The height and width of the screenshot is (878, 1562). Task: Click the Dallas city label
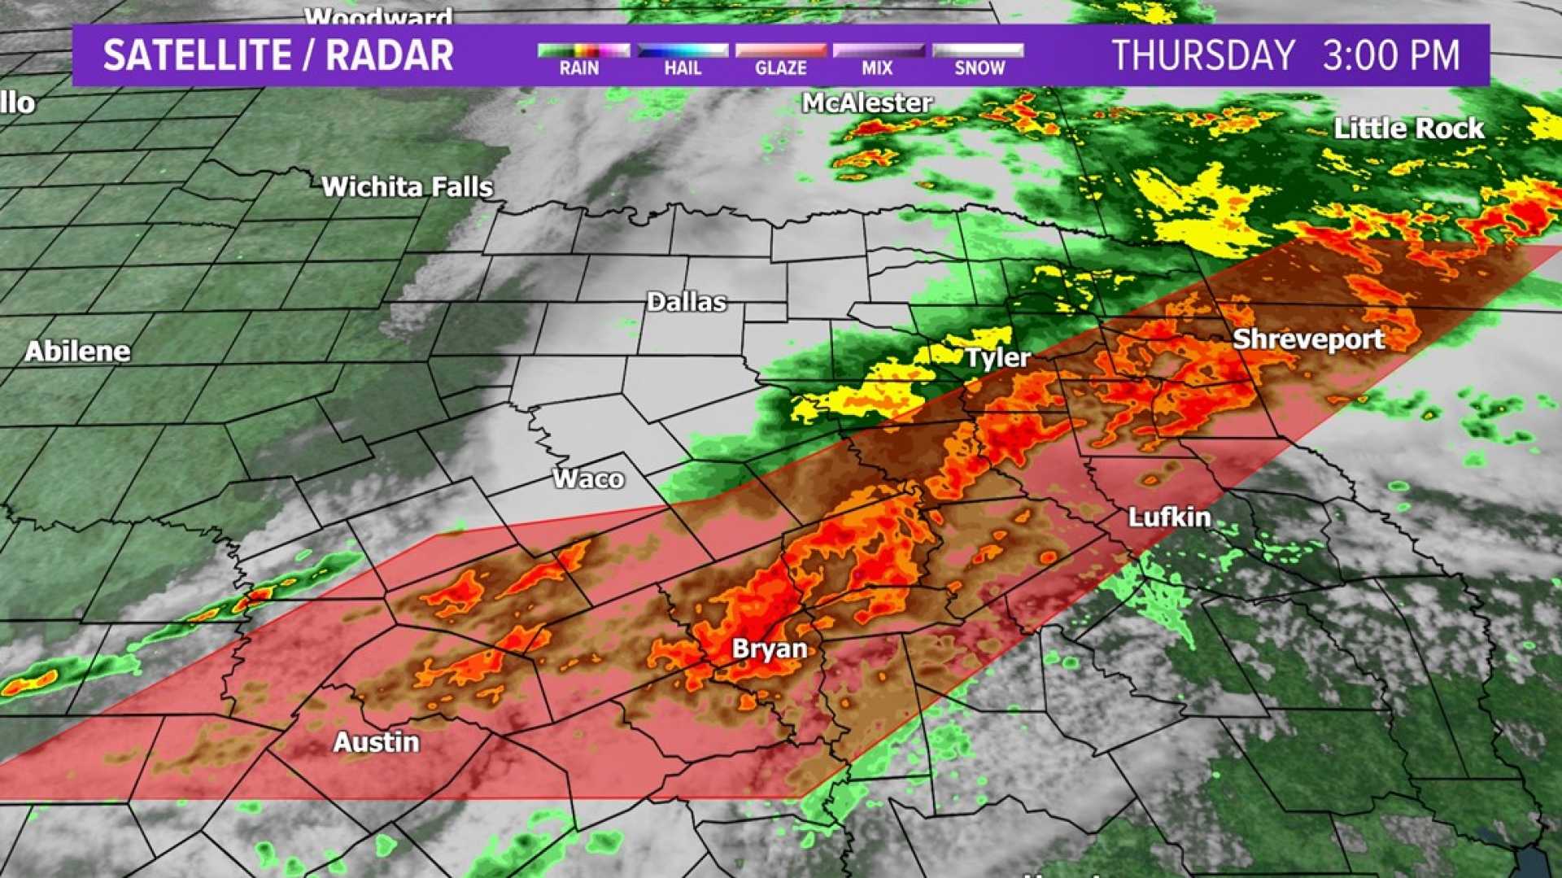(x=686, y=303)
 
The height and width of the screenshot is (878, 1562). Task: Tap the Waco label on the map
(x=588, y=478)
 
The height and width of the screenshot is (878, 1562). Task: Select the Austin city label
(x=377, y=742)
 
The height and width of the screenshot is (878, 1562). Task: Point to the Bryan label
(x=770, y=649)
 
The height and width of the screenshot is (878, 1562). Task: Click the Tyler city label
(x=998, y=358)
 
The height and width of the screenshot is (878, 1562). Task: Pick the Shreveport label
(x=1308, y=339)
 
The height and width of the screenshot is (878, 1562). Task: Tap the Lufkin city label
(x=1169, y=518)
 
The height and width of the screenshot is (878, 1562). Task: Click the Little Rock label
(x=1409, y=129)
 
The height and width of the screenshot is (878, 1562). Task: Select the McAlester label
(x=867, y=103)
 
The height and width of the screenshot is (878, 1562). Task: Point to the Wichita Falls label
(x=408, y=187)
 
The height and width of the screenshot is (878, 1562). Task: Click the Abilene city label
(x=77, y=352)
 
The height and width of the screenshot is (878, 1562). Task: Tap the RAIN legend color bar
(x=583, y=50)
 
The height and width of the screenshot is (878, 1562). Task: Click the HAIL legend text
(x=683, y=68)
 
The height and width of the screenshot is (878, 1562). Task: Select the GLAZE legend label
(x=781, y=68)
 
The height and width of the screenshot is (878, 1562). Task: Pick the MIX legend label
(x=877, y=68)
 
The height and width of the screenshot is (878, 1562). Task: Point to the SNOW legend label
(x=980, y=68)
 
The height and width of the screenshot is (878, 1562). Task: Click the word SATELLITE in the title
(x=198, y=55)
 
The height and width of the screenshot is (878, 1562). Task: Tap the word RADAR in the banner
(x=390, y=55)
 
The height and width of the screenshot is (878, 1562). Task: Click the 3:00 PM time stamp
(x=1391, y=55)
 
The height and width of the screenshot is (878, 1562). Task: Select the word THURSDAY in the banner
(x=1203, y=55)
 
